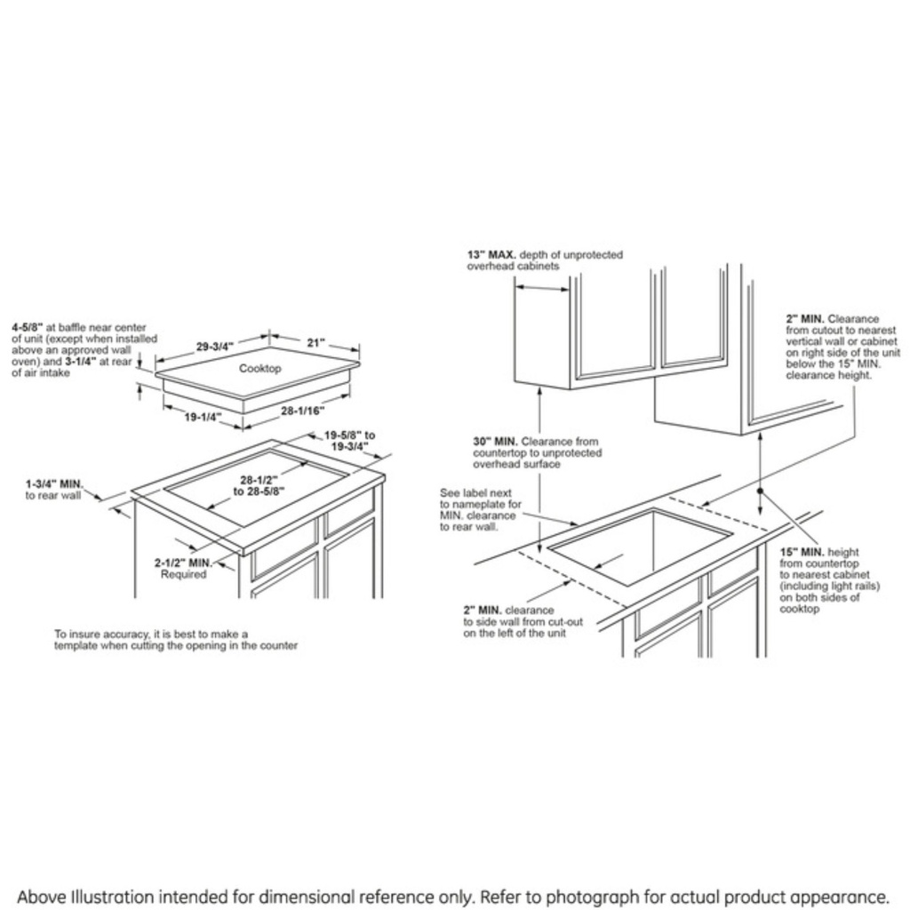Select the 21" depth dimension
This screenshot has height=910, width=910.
316,342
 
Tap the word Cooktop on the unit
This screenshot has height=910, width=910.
260,368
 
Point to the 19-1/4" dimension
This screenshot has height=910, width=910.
204,416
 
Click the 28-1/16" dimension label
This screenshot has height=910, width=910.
303,411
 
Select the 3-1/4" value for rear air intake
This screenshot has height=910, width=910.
108,362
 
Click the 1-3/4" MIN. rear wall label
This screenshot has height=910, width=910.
54,483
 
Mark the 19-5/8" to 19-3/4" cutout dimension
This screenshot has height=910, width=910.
349,441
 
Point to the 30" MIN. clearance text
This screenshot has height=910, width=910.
495,442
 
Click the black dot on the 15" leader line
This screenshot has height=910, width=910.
761,490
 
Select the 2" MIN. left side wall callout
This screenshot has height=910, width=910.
483,611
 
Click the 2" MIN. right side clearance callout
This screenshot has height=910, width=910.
805,318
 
